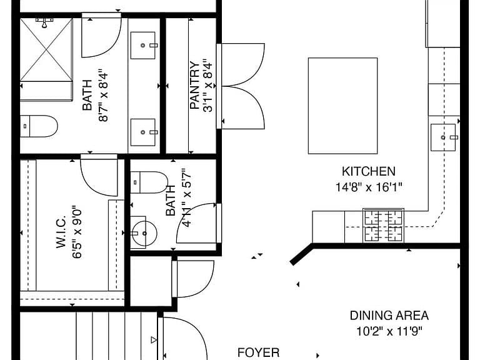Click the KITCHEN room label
pos(369,171)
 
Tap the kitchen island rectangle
pos(343,106)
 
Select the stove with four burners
pos(383,226)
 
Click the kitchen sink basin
pos(443,137)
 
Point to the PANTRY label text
pos(195,86)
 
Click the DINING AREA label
pos(389,315)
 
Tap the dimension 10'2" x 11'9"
pos(389,331)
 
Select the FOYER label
pos(258,352)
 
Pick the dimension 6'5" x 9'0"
pos(77,233)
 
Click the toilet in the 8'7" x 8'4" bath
pos(39,126)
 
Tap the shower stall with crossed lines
pos(46,50)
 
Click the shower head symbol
pos(45,22)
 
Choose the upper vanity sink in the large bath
pos(143,45)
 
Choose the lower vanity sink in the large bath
pos(143,132)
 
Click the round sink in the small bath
pos(144,234)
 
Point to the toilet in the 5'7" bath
pos(149,182)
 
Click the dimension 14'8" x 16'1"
pos(369,187)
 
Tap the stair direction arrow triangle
pos(154,340)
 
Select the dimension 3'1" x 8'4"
pos(207,86)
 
